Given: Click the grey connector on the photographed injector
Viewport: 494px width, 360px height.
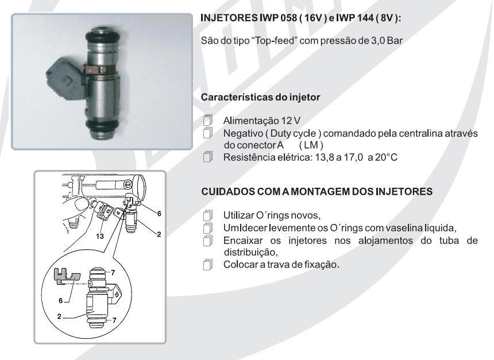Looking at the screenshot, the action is [x=66, y=79].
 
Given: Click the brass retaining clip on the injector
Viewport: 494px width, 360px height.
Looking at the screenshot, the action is [x=101, y=69].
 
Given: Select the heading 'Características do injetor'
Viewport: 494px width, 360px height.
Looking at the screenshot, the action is [x=261, y=98].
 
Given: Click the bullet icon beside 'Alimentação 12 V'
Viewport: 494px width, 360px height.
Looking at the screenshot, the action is [x=207, y=120].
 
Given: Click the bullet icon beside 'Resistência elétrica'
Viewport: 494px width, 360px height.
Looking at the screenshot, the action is [x=207, y=157].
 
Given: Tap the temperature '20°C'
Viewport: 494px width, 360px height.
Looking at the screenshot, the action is [x=386, y=157].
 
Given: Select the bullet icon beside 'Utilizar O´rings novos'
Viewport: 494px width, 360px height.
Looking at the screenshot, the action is [x=207, y=215].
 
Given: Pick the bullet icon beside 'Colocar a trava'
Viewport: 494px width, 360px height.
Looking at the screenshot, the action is [x=207, y=264].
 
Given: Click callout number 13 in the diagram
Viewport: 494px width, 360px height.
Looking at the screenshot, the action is [x=100, y=237].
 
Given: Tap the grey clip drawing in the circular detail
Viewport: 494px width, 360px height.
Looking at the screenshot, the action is [x=67, y=277].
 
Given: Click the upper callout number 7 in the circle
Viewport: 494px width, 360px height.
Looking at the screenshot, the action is [x=113, y=273].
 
